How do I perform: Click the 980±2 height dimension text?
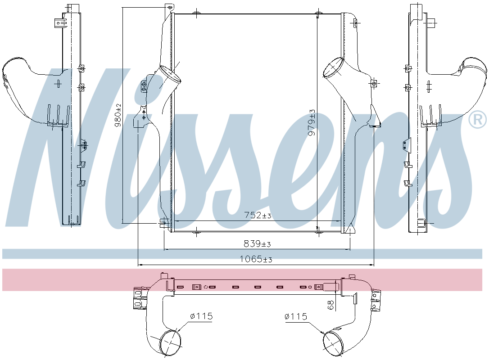[x=118, y=115]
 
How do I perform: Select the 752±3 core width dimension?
[x=258, y=216]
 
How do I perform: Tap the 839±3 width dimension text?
[x=257, y=244]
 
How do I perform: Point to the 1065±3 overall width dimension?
[x=256, y=260]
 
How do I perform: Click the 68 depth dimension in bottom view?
[x=331, y=305]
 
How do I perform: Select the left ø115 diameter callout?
[x=201, y=317]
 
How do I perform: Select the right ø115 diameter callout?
[x=295, y=317]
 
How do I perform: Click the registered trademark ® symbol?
[x=477, y=119]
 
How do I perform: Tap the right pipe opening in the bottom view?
[x=333, y=343]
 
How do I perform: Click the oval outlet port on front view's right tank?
[x=334, y=67]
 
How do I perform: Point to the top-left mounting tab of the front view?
[x=169, y=8]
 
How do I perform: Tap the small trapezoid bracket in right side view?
[x=406, y=144]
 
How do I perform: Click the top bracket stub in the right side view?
[x=433, y=21]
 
